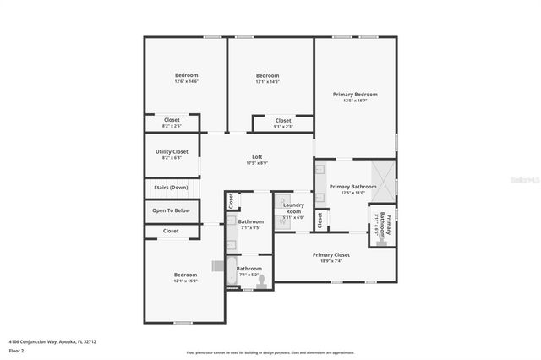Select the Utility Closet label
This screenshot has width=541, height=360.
(x=172, y=154)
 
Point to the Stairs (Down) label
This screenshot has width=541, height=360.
(x=171, y=188)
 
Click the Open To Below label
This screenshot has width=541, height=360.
(x=171, y=210)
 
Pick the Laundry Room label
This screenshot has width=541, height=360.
(x=293, y=208)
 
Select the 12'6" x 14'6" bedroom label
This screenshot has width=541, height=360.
(x=186, y=78)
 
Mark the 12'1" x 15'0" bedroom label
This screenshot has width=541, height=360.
(x=185, y=277)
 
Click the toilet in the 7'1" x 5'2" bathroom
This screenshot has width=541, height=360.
(x=261, y=281)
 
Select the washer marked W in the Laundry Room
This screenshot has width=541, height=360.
(x=282, y=221)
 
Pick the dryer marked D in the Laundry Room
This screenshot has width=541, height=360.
(x=282, y=201)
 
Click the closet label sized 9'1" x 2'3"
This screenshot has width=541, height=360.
(x=284, y=123)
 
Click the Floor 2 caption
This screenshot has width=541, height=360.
(x=17, y=350)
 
